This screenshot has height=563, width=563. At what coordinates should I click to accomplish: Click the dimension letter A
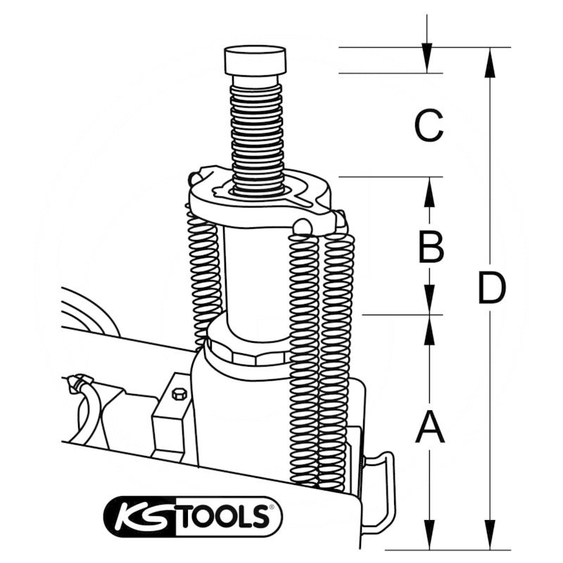click(429, 427)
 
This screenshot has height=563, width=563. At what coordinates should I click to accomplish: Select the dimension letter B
click(431, 246)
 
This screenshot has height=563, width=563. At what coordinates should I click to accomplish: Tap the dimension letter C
click(429, 126)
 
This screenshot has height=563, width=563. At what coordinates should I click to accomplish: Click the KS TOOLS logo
click(193, 516)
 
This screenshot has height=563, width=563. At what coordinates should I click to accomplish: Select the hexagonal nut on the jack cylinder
click(246, 349)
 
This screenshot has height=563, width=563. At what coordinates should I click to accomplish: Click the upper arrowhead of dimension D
click(491, 62)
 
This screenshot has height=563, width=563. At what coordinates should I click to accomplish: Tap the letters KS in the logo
click(144, 517)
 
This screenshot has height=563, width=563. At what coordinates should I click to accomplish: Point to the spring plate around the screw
click(260, 204)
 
